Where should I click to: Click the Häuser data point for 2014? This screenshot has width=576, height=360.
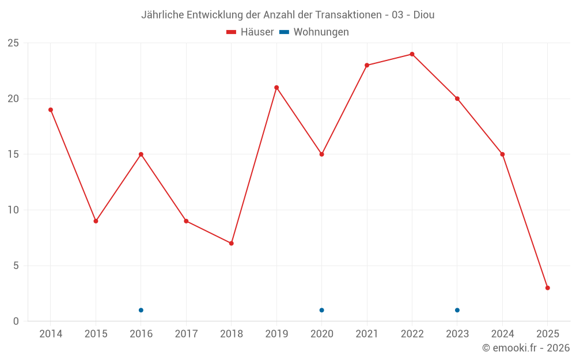tap(51, 109)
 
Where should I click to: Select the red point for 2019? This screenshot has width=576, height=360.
tap(276, 88)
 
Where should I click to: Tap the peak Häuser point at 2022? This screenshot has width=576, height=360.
tap(412, 54)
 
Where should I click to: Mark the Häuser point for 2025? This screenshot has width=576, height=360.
tap(547, 288)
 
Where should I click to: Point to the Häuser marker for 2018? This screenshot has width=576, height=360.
tap(231, 243)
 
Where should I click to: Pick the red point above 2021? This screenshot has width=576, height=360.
tap(367, 65)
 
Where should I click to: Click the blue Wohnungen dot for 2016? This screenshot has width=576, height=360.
tap(141, 310)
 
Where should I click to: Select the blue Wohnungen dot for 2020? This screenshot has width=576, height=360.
tap(321, 310)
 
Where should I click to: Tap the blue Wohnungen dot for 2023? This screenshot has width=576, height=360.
tap(457, 310)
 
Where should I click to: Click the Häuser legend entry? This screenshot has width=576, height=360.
tap(251, 32)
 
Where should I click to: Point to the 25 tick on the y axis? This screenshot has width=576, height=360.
tap(13, 43)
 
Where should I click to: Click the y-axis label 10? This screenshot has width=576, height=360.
tap(13, 210)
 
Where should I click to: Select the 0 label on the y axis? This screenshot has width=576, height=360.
tap(16, 321)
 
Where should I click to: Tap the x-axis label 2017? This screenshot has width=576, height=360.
tap(186, 334)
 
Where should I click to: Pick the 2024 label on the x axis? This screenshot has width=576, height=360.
tap(502, 334)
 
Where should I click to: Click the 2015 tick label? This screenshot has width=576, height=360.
tap(96, 334)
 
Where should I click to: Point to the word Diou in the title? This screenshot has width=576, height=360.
tap(424, 15)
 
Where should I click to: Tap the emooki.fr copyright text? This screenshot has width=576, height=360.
tap(526, 348)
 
